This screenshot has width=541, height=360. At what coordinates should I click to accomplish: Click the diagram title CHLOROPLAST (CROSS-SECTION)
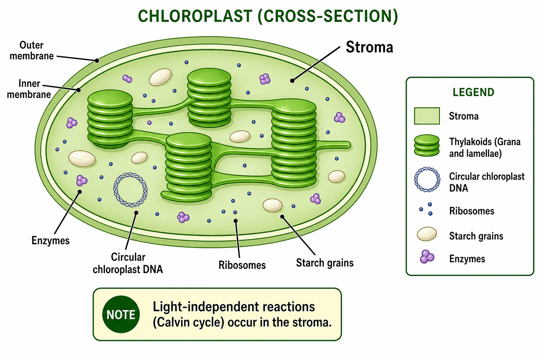tap(268, 17)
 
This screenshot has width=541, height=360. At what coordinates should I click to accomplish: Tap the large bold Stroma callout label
tap(369, 47)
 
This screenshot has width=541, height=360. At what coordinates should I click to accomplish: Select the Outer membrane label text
tap(32, 50)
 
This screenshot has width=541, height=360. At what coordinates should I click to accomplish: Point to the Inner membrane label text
tap(29, 89)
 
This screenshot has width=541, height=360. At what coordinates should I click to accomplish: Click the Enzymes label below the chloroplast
tap(50, 240)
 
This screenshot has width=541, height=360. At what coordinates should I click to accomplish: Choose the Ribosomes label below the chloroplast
tap(242, 265)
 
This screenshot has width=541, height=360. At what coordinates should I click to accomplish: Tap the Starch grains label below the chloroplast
tap(325, 263)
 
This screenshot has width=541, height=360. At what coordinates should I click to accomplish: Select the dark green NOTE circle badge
tap(121, 314)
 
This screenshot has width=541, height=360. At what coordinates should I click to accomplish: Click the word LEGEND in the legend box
tap(473, 92)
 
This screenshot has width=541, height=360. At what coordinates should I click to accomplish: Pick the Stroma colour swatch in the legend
tap(427, 116)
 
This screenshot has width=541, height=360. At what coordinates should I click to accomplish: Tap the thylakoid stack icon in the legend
tap(427, 146)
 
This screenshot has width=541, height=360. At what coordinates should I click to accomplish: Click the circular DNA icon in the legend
tap(427, 179)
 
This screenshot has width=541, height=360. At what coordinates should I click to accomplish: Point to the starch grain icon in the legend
tap(427, 234)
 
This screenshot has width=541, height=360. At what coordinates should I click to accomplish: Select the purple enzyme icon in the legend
tap(427, 257)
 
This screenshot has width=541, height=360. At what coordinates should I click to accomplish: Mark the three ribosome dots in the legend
tap(426, 209)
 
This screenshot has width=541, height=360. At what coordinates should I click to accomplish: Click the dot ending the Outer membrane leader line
tap(97, 60)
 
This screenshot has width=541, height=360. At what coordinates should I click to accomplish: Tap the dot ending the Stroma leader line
tap(292, 81)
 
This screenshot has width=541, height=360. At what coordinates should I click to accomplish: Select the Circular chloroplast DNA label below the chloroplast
tap(128, 263)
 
